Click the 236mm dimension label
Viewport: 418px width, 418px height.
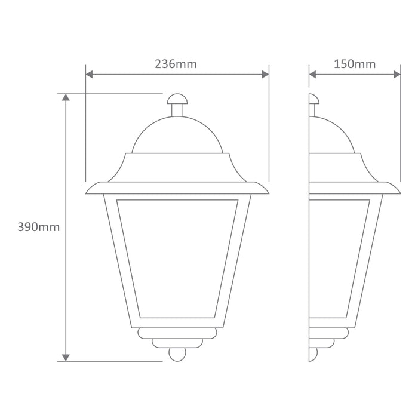(176, 64)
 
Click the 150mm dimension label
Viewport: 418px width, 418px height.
(355, 64)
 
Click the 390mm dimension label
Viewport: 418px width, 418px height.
(39, 227)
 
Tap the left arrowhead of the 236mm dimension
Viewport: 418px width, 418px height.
(89, 75)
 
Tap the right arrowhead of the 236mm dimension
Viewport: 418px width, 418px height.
(266, 75)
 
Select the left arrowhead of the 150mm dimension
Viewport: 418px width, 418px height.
(312, 75)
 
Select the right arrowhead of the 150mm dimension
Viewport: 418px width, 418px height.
(397, 75)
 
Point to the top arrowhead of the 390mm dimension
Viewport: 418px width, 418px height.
(66, 97)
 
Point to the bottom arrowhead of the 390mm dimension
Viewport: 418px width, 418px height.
(66, 358)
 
